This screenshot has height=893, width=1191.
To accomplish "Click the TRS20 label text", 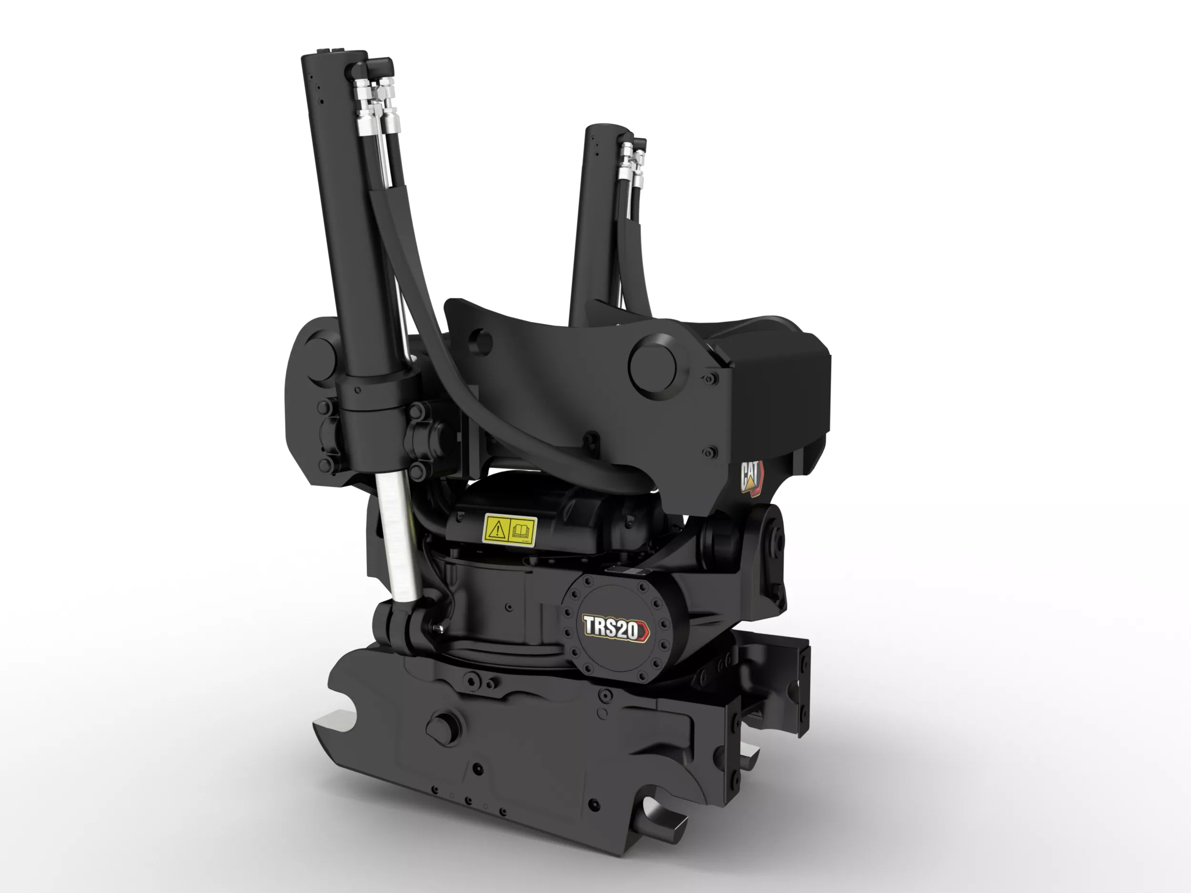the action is [611, 628].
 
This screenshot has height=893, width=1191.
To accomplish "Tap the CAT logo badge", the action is [752, 477].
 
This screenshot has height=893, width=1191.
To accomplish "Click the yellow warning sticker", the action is [509, 530].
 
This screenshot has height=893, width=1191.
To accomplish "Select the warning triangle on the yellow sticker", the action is [497, 529].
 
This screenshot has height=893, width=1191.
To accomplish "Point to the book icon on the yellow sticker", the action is [521, 532].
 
